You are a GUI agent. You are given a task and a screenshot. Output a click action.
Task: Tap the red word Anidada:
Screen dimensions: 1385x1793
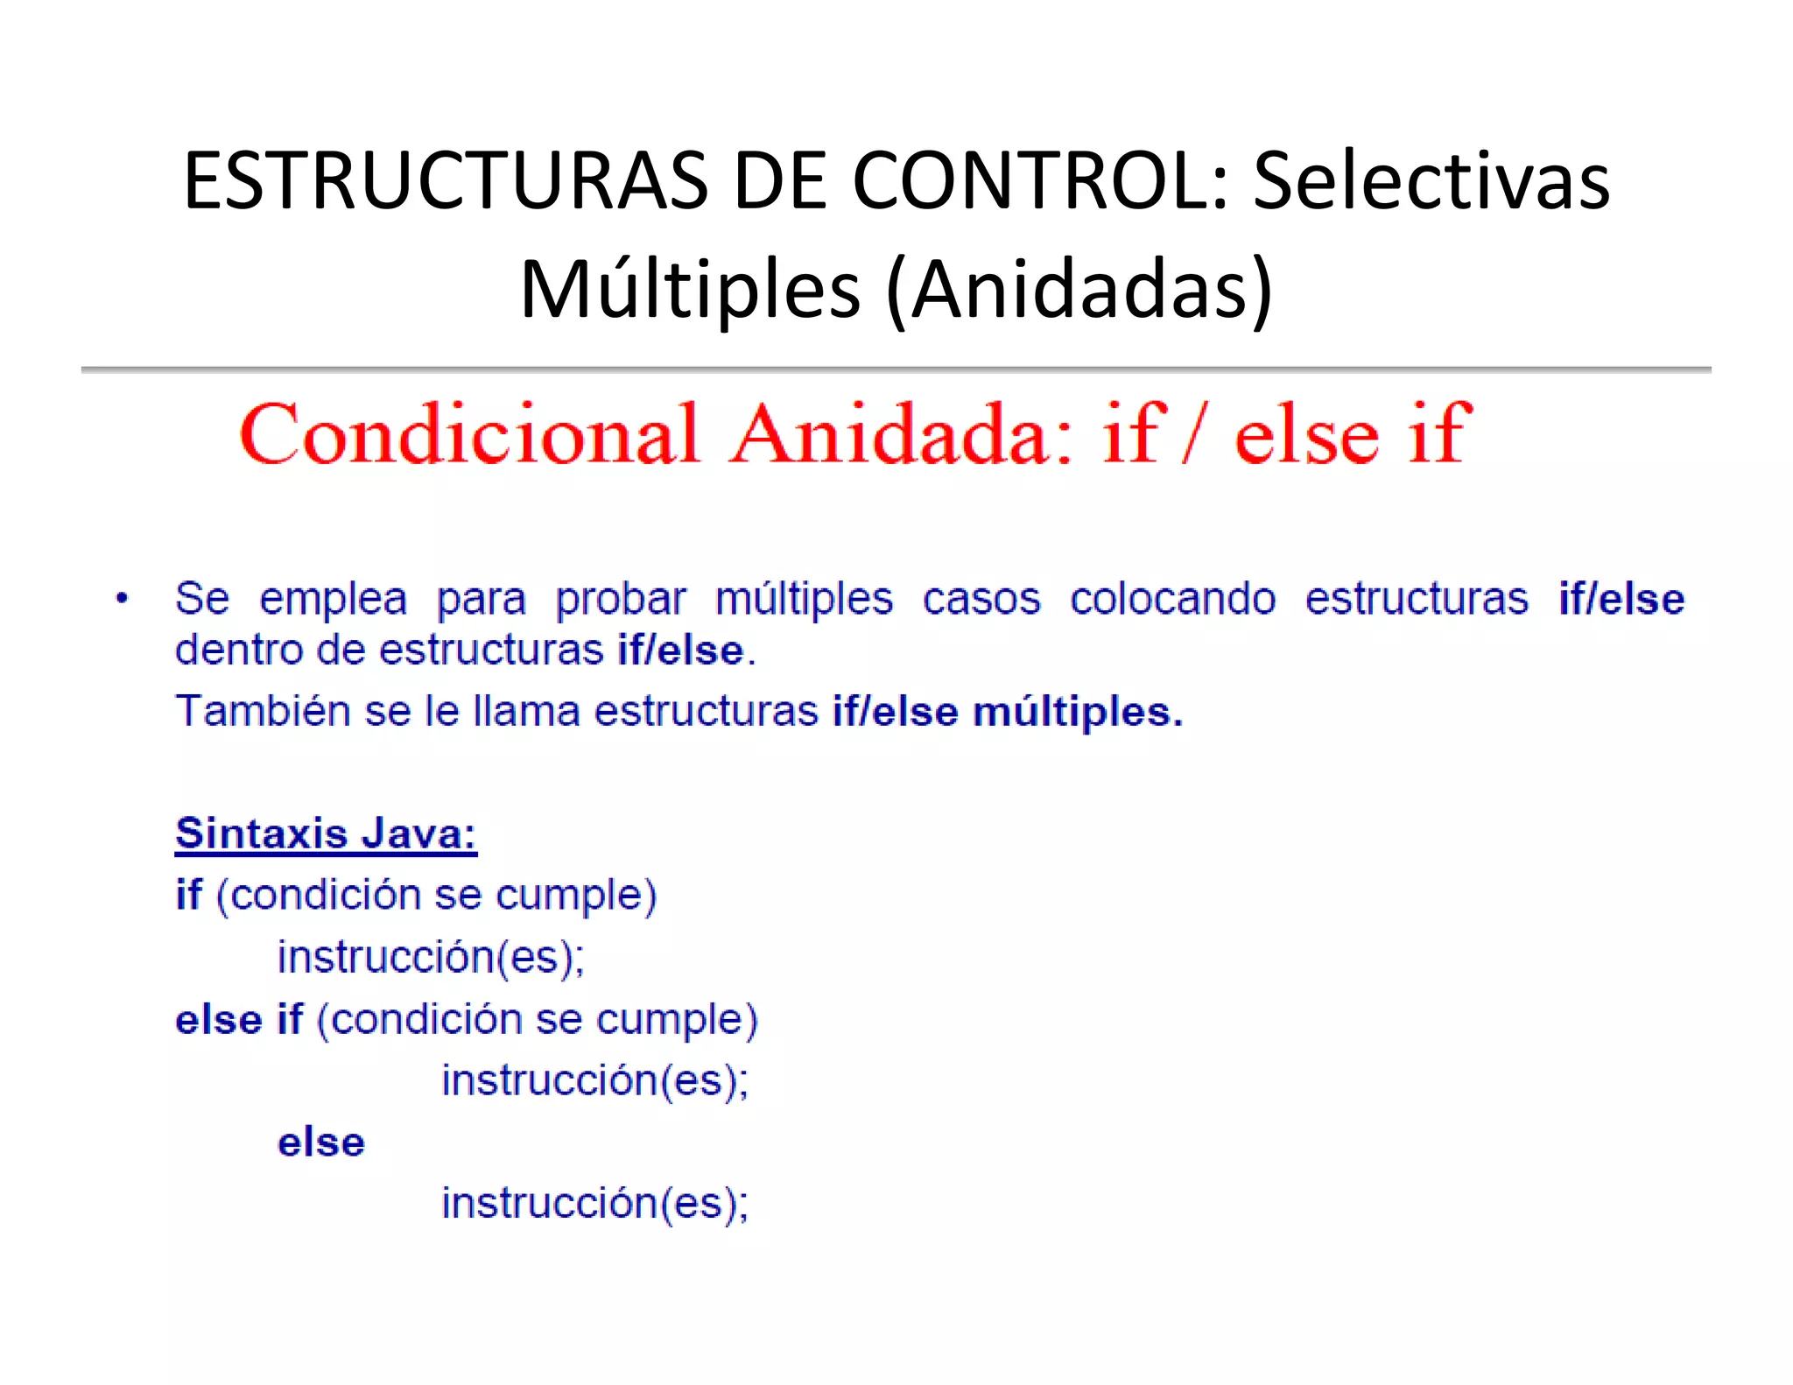(x=903, y=434)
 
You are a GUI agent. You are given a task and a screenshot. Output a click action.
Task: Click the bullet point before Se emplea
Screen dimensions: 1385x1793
(x=123, y=599)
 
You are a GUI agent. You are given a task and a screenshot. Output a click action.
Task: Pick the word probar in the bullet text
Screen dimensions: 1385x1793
(x=621, y=600)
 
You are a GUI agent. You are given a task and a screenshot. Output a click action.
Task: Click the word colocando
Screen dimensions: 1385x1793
(x=1172, y=600)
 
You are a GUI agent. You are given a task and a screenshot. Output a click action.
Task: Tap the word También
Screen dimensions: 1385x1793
(x=263, y=710)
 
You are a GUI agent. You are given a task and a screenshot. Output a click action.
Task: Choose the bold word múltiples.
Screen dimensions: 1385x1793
(x=1078, y=712)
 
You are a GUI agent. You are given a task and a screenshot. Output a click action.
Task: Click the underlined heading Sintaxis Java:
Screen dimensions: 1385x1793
(x=326, y=833)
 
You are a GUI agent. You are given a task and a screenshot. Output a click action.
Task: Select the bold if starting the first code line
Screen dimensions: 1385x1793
(x=188, y=895)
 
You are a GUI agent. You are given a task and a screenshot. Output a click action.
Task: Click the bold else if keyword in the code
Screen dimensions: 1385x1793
(x=239, y=1020)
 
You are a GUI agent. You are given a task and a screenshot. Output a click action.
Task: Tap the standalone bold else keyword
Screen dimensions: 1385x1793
(x=320, y=1142)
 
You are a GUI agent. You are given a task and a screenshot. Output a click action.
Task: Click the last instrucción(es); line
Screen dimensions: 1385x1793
(x=594, y=1204)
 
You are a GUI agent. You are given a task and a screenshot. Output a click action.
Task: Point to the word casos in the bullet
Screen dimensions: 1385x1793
(x=981, y=600)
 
